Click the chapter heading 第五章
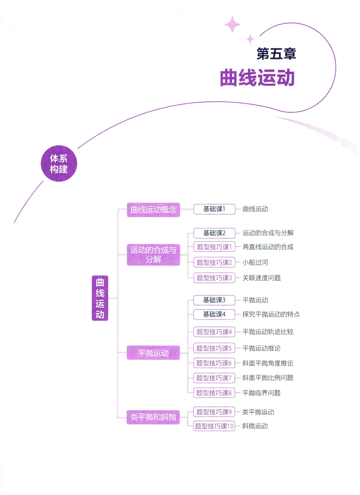[x=276, y=53]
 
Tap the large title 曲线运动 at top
[x=257, y=77]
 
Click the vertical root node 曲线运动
[x=100, y=298]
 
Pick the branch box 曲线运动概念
[x=153, y=210]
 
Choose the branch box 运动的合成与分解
[x=153, y=255]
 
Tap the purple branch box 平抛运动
[x=153, y=353]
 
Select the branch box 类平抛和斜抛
[x=153, y=418]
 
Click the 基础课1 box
[x=214, y=209]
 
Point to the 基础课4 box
[x=214, y=314]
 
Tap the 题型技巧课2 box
[x=214, y=262]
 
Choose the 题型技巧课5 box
[x=214, y=348]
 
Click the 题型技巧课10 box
[x=214, y=426]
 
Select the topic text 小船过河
[x=255, y=262]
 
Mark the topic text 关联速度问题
[x=262, y=278]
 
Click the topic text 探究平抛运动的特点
[x=271, y=314]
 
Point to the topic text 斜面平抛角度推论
[x=268, y=363]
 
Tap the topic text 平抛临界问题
[x=262, y=393]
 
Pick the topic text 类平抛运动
[x=258, y=412]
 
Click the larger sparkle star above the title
[x=233, y=24]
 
